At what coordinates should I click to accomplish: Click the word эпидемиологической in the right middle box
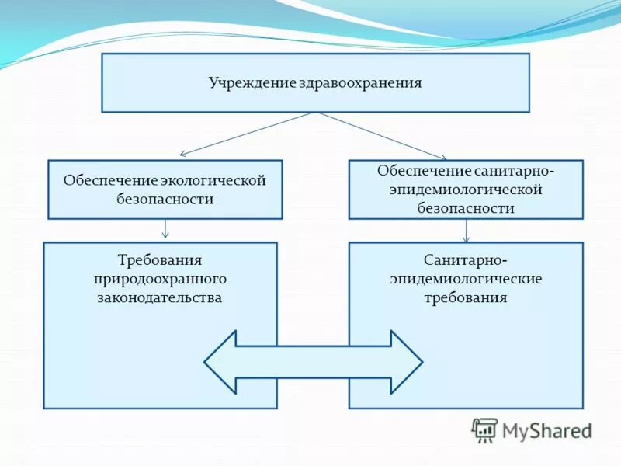click(x=466, y=190)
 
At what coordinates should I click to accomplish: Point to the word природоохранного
click(x=160, y=278)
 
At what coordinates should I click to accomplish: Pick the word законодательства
click(x=160, y=297)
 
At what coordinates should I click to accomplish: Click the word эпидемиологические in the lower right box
click(x=466, y=278)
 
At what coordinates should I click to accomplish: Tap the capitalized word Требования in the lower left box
click(x=160, y=259)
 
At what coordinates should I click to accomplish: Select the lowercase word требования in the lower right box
click(x=466, y=297)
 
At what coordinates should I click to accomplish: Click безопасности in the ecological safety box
click(x=165, y=200)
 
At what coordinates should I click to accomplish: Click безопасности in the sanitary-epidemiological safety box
click(x=466, y=208)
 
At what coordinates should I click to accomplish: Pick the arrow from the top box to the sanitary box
click(x=382, y=136)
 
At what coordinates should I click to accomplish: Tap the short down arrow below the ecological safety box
click(x=165, y=229)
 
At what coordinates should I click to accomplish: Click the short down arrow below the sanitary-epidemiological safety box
click(x=466, y=230)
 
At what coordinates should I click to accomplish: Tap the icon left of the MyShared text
click(x=484, y=430)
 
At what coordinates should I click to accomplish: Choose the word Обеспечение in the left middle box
click(x=110, y=181)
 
